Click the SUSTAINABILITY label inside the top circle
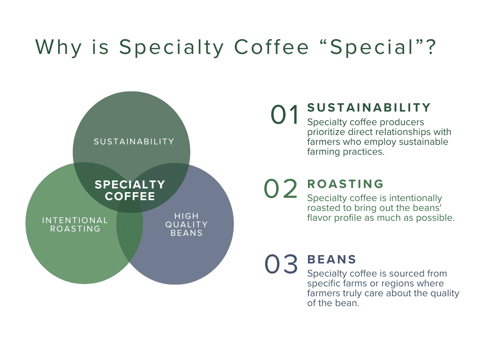134,142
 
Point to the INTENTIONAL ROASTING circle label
75,225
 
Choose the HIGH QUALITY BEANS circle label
187,225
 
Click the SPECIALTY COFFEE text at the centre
130,190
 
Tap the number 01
285,115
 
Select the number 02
281,189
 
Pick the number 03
281,264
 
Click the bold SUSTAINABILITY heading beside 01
369,108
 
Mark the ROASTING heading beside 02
345,184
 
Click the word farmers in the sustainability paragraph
322,142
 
